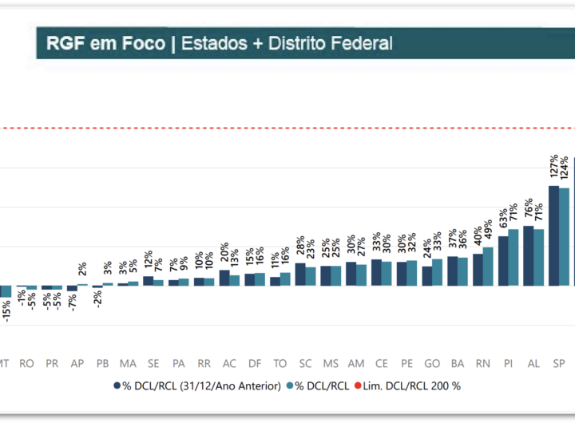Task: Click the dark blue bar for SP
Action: [553, 235]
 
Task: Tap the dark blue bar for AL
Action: [528, 255]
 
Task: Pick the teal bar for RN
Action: [488, 266]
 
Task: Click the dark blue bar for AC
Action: [224, 278]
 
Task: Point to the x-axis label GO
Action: [432, 363]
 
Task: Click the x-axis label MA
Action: [128, 363]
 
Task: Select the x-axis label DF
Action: [255, 363]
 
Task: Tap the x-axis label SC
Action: [306, 363]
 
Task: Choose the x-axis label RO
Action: [26, 363]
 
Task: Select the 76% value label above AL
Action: [528, 209]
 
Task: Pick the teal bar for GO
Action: [437, 272]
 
